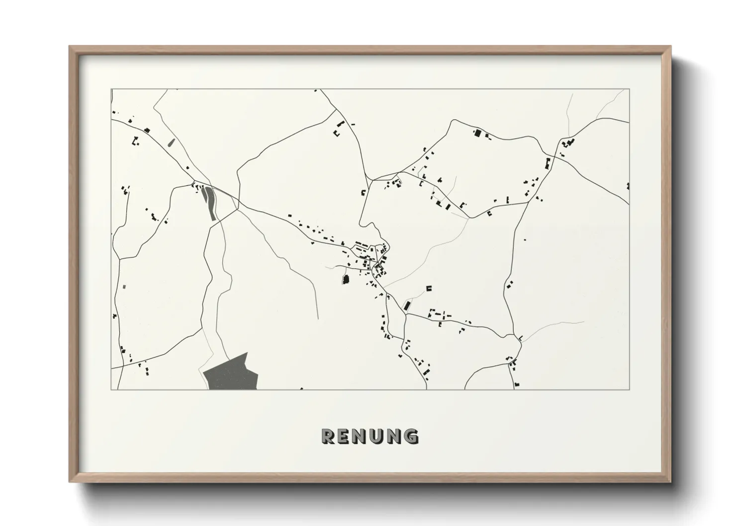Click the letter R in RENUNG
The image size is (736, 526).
(x=329, y=436)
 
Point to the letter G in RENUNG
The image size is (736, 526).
(x=411, y=436)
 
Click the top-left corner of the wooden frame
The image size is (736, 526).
(x=70, y=47)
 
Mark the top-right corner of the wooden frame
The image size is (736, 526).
(x=670, y=47)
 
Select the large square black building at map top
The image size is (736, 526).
(x=477, y=133)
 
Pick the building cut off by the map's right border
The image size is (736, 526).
(x=628, y=186)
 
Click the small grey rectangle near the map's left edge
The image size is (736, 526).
(x=124, y=286)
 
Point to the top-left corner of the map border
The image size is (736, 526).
(x=111, y=89)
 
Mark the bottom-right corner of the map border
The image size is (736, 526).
(x=630, y=389)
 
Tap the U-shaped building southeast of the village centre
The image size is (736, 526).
(x=429, y=288)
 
